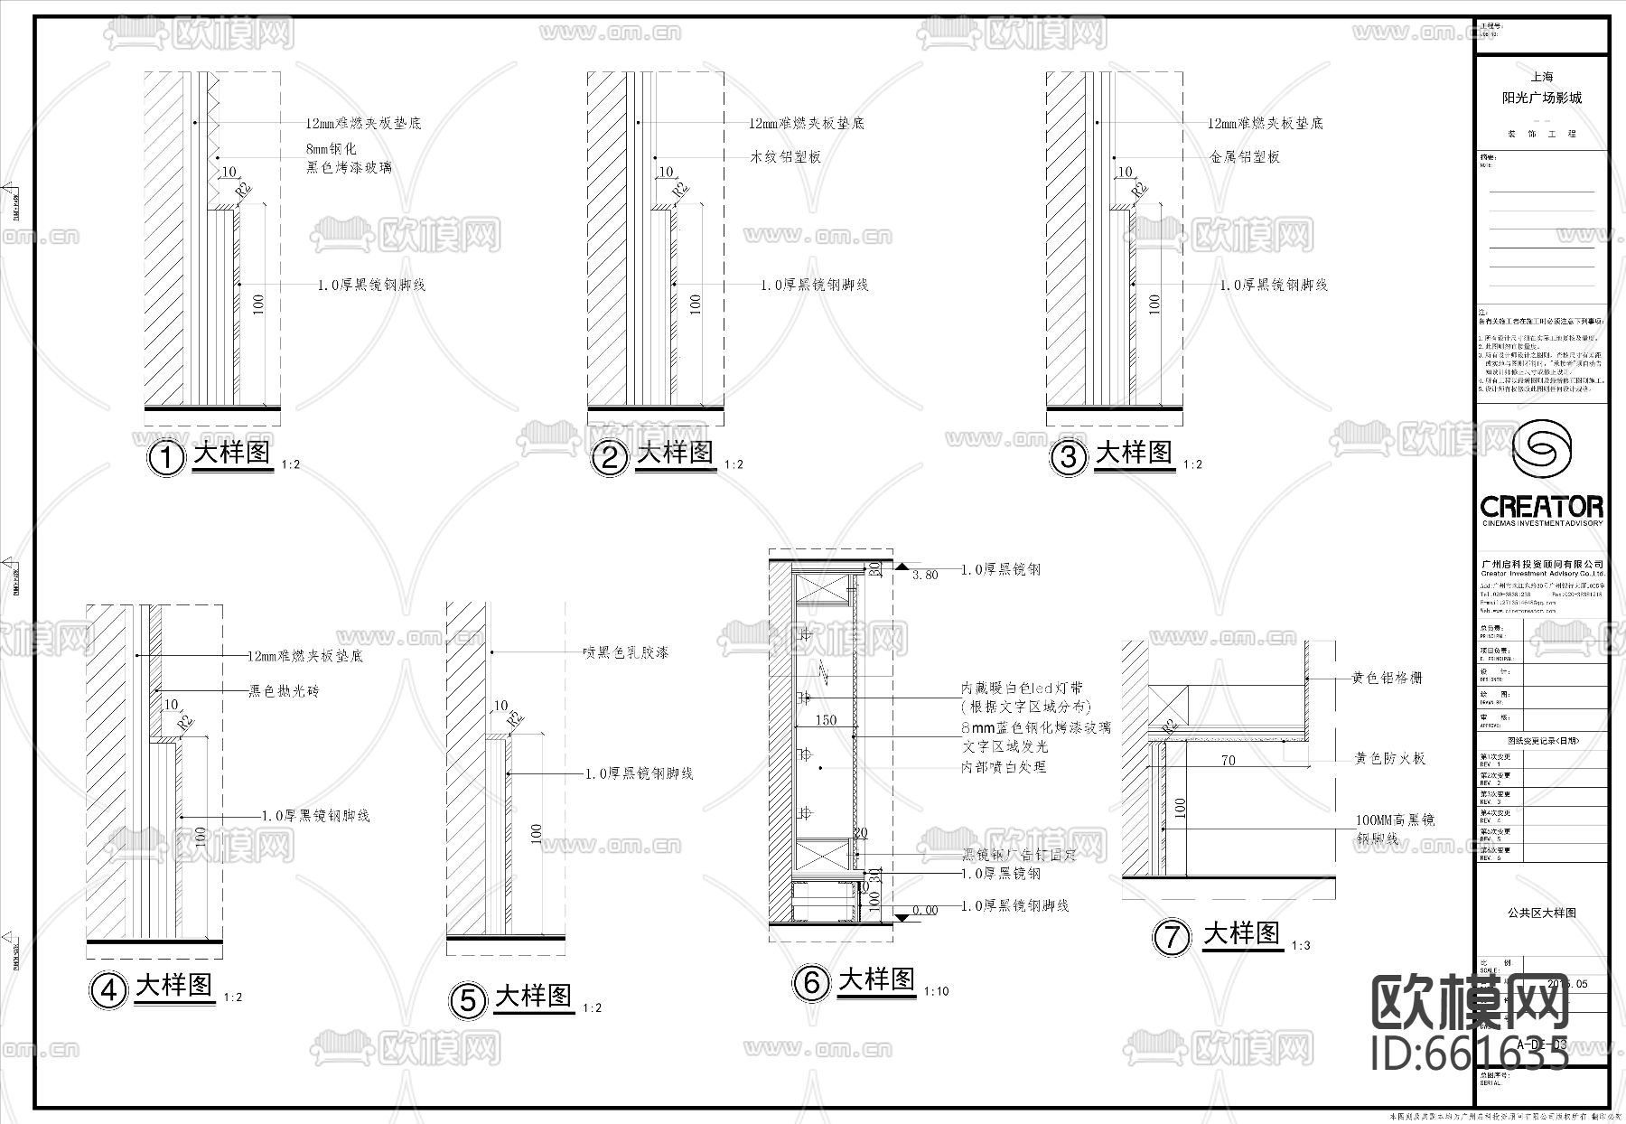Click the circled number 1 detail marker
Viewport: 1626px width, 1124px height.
tap(165, 457)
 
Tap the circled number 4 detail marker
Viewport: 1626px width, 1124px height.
tap(108, 990)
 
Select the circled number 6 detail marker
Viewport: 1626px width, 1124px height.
tap(811, 982)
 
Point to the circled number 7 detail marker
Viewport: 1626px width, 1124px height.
tap(1172, 937)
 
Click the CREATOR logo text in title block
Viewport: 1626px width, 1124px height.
tap(1542, 506)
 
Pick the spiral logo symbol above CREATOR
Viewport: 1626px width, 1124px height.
tap(1542, 450)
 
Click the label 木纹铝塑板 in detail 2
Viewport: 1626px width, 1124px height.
tap(785, 157)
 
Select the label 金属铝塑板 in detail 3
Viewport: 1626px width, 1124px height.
tap(1245, 157)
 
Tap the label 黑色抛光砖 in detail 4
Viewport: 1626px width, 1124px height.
tap(284, 691)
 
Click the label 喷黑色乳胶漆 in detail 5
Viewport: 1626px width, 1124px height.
tap(626, 652)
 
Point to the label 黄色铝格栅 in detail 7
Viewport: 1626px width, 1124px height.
tap(1387, 677)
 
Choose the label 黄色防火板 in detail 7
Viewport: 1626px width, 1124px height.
tap(1389, 758)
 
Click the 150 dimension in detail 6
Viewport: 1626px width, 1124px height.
tap(826, 720)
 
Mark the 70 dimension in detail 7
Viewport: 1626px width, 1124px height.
tap(1228, 761)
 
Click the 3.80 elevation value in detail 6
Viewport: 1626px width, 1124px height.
tap(925, 575)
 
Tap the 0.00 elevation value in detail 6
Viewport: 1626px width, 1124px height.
tap(924, 910)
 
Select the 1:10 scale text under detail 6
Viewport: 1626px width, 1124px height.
tap(936, 991)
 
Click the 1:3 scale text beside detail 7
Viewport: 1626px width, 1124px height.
tap(1301, 945)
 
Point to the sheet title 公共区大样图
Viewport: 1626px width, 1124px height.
tap(1541, 913)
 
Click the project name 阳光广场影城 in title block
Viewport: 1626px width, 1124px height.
tap(1541, 98)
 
